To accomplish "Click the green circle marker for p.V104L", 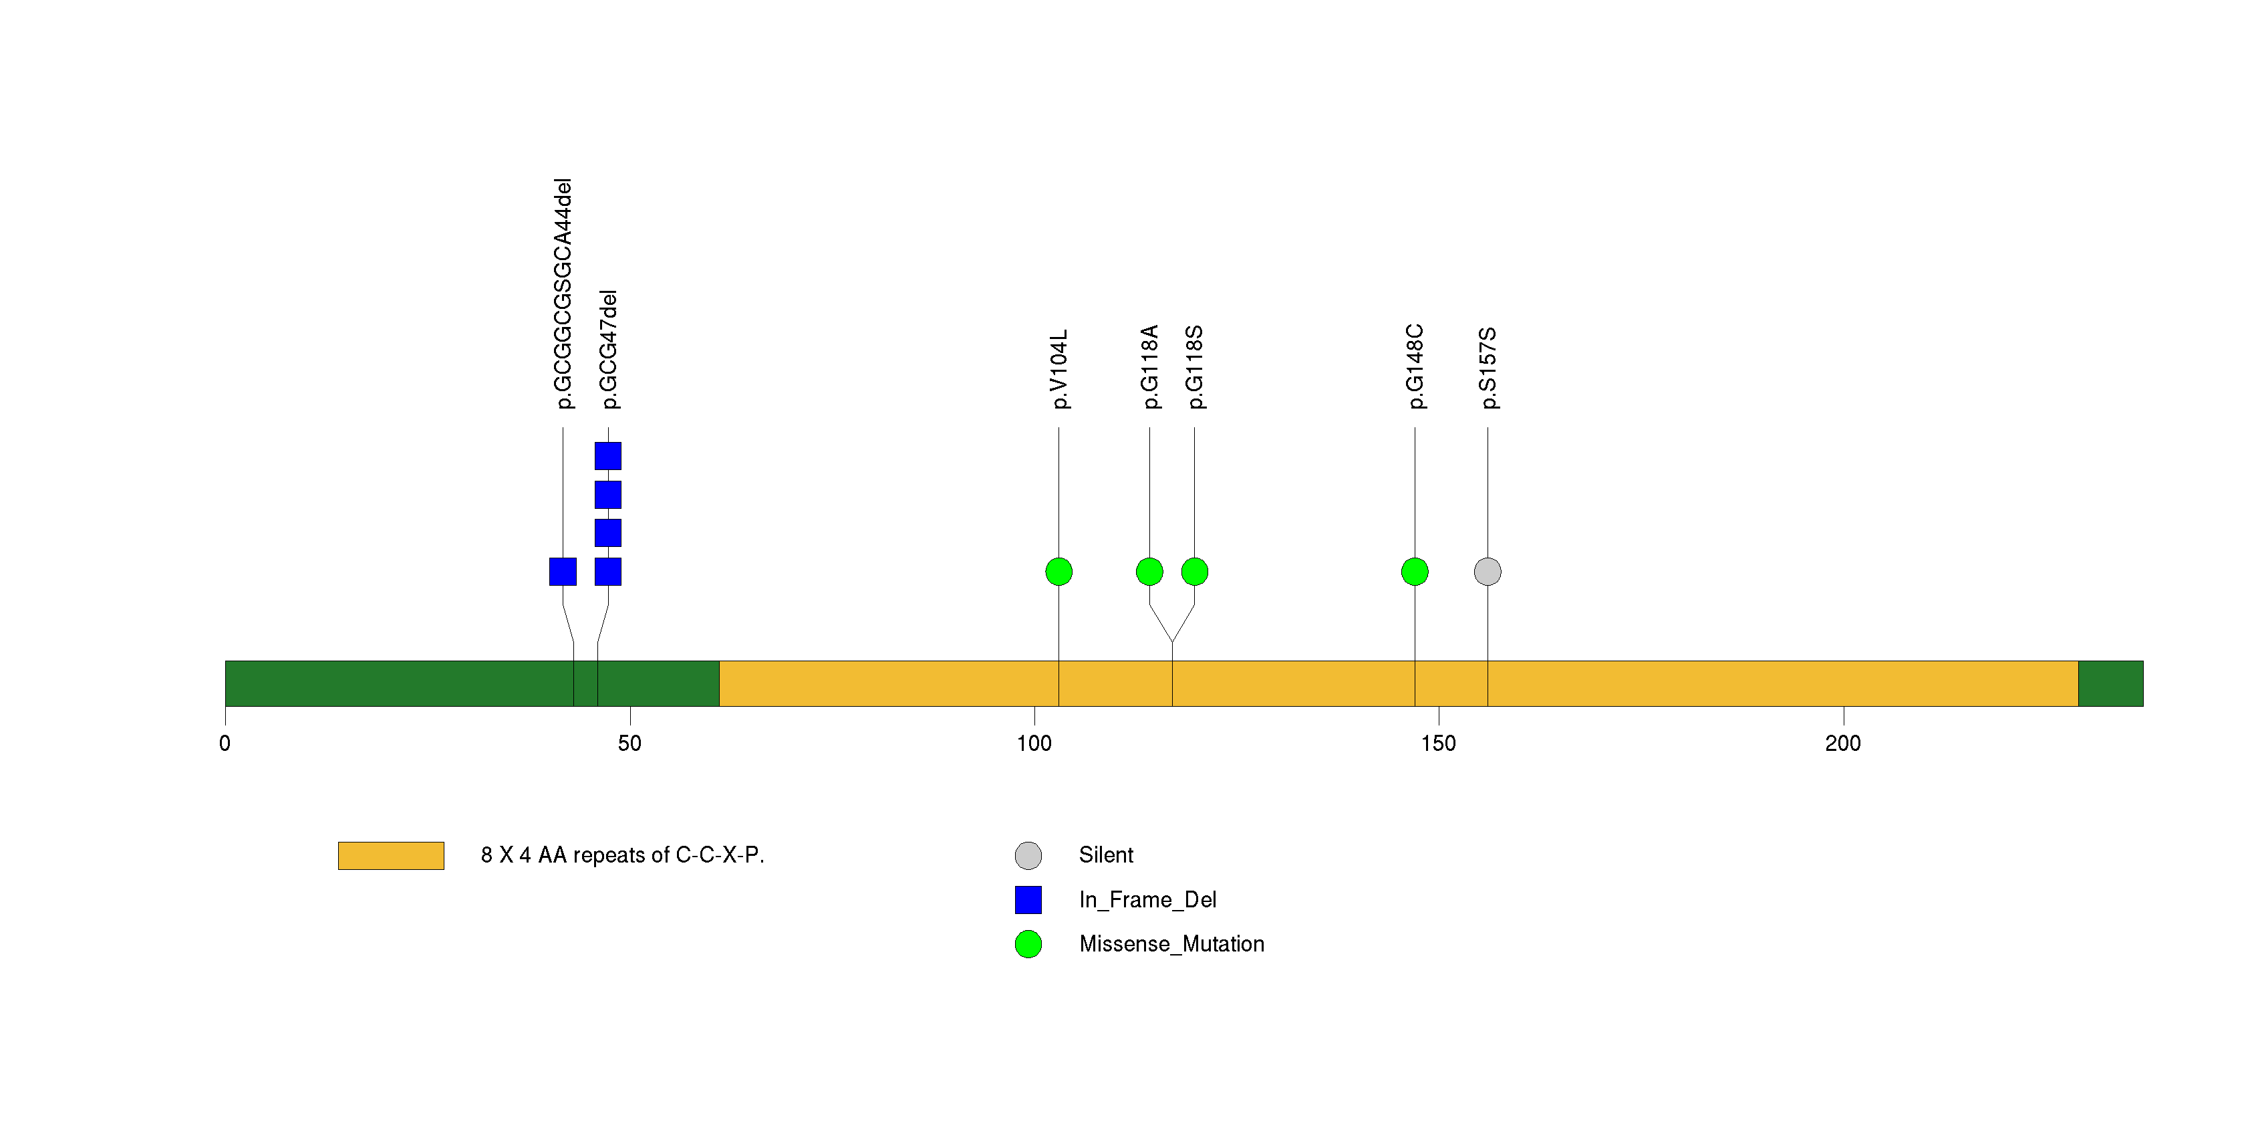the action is tap(1059, 572).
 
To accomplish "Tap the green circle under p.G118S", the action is tap(1195, 572).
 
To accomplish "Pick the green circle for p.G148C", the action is tap(1415, 572).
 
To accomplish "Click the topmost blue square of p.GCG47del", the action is tap(608, 457).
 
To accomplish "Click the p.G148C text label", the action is tap(1415, 366).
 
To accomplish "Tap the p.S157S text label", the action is tap(1488, 368).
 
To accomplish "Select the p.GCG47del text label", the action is tap(609, 350).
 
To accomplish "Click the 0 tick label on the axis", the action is tap(225, 744).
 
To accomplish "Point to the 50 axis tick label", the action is tap(629, 744).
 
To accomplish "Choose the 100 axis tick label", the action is tap(1034, 744).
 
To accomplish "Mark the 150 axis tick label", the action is tap(1439, 744).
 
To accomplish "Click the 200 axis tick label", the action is tap(1844, 744).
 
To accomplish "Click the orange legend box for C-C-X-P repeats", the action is tap(391, 856).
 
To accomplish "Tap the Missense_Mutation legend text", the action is tap(1172, 944).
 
